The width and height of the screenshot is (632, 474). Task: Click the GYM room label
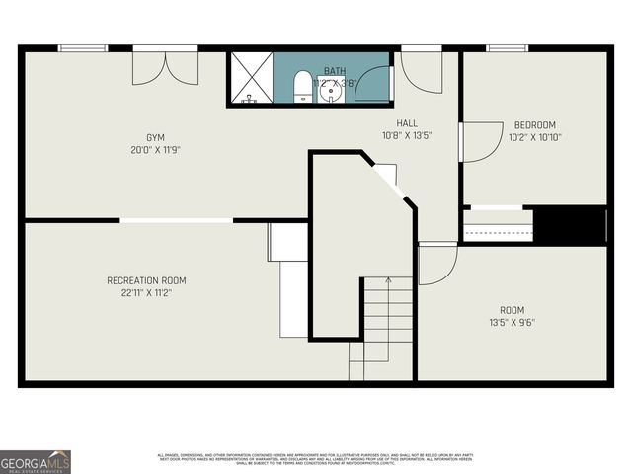(156, 137)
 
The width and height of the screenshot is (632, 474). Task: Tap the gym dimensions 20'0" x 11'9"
(156, 150)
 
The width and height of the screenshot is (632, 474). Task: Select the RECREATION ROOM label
(146, 281)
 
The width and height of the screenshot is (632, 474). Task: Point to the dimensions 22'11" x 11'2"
(146, 294)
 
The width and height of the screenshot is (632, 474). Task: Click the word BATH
(335, 71)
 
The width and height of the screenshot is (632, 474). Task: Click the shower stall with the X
(251, 77)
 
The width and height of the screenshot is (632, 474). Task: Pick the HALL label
(407, 123)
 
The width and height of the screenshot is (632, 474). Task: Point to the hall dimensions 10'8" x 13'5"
(407, 135)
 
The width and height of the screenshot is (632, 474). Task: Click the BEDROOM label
(534, 125)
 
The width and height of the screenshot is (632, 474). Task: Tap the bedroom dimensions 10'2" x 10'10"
(534, 137)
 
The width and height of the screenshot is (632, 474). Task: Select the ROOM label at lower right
(512, 310)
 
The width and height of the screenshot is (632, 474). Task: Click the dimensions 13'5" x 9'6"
(512, 322)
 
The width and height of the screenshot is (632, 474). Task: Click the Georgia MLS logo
(36, 461)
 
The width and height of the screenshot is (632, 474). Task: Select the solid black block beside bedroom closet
(570, 224)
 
